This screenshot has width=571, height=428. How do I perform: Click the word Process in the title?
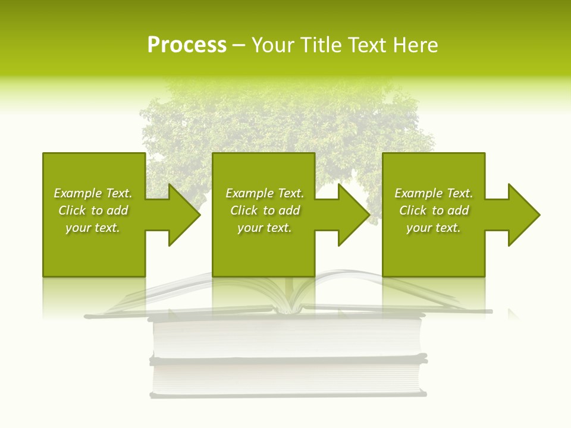click(187, 45)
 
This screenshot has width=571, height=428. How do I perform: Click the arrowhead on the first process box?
click(181, 215)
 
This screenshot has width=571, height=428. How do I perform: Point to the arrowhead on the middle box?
click(351, 215)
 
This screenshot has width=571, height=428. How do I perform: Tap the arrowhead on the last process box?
click(521, 215)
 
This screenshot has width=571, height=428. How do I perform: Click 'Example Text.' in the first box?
click(93, 193)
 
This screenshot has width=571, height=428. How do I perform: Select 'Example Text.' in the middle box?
click(265, 193)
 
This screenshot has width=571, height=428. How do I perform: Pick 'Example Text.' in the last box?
click(434, 193)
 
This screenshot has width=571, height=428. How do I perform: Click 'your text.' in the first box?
click(93, 228)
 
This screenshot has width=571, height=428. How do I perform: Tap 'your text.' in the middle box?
click(265, 228)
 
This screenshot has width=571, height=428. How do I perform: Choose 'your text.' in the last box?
click(434, 228)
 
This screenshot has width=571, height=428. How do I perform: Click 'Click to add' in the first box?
click(93, 210)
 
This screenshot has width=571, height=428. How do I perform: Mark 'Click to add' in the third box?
click(434, 210)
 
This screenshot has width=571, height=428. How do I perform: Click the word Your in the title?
click(272, 45)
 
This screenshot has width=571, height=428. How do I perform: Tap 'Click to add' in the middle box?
click(265, 210)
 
